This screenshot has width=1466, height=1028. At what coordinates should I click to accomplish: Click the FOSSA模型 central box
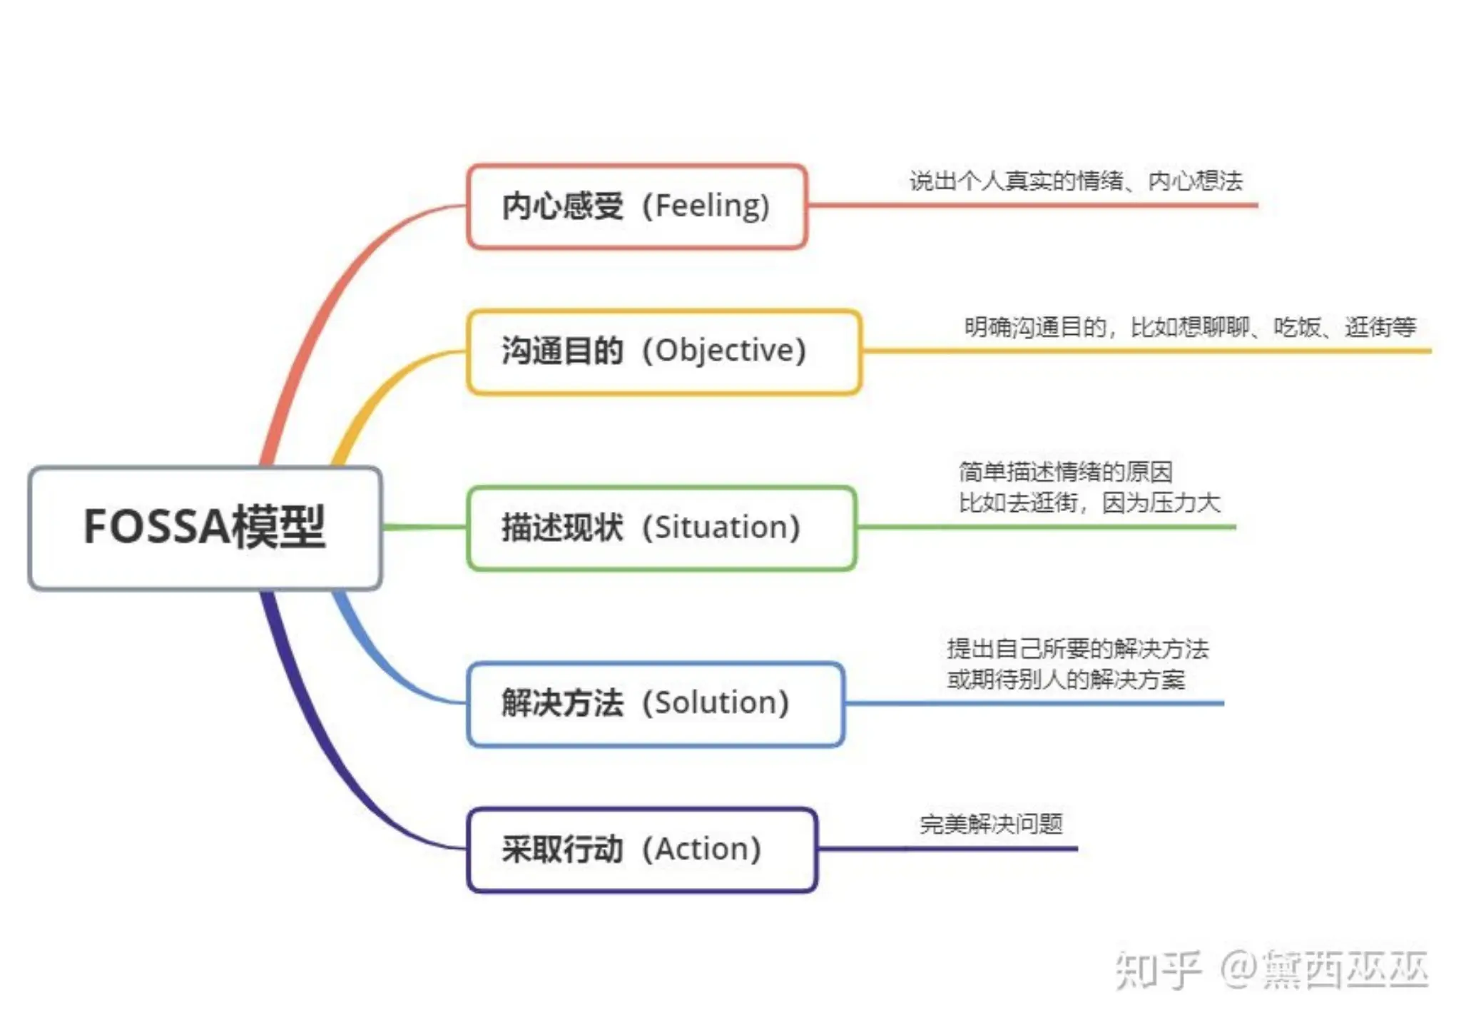click(205, 528)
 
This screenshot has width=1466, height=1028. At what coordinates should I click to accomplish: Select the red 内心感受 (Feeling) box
click(637, 206)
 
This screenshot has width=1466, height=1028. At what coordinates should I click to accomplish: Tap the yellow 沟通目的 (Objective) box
click(664, 351)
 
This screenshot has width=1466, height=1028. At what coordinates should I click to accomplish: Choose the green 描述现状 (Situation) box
click(661, 528)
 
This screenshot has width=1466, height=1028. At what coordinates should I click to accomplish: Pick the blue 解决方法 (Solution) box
click(656, 704)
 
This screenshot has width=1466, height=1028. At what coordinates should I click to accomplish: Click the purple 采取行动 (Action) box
click(642, 850)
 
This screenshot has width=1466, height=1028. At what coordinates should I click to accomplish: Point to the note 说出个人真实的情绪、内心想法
click(1076, 181)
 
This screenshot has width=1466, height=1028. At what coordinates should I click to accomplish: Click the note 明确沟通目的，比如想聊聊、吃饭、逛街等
click(1190, 328)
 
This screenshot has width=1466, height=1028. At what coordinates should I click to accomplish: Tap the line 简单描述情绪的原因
click(1065, 472)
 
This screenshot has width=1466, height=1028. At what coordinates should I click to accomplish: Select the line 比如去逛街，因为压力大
click(1089, 503)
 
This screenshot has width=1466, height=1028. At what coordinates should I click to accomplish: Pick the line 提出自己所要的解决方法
click(1077, 649)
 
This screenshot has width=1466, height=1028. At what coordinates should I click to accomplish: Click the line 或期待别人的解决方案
click(1066, 680)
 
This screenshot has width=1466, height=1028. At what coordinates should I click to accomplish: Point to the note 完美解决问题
click(991, 825)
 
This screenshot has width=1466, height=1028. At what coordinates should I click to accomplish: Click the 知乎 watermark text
click(1159, 970)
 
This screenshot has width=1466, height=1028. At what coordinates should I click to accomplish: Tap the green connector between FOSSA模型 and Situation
click(424, 528)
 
